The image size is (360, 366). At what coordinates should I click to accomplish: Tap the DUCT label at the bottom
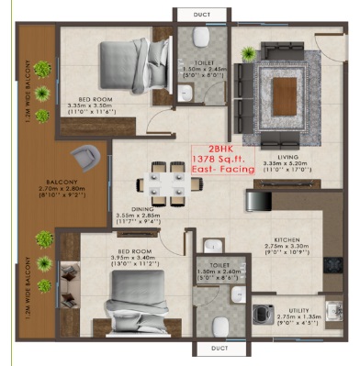click(218, 349)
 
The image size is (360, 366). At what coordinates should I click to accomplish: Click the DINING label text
click(171, 208)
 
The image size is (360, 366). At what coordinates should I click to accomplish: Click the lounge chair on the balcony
click(88, 157)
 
